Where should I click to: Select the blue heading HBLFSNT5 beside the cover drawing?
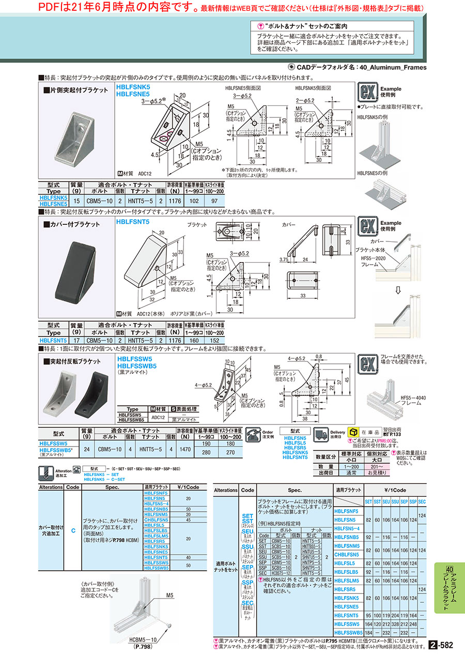(133, 221)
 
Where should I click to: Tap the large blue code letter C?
(73, 531)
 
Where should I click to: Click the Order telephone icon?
(252, 433)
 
